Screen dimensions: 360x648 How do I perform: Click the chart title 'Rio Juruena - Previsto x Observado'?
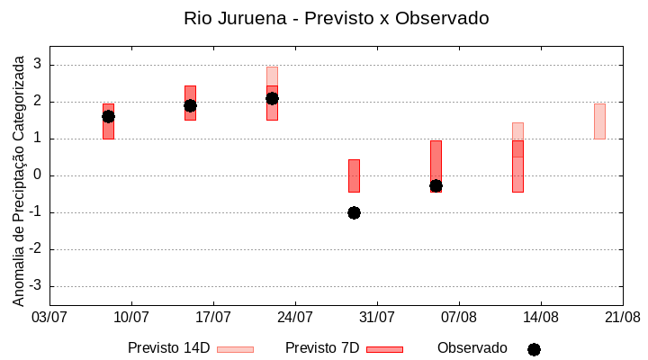tap(336, 18)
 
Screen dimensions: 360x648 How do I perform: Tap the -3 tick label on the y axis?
tap(36, 286)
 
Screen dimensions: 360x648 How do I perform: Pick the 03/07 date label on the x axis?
tap(49, 318)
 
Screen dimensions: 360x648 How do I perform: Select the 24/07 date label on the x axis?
tap(295, 318)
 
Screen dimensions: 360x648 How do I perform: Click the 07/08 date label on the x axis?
tap(459, 318)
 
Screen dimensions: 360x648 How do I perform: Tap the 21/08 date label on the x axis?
tap(622, 318)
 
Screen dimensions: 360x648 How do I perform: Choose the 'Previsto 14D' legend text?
tap(168, 348)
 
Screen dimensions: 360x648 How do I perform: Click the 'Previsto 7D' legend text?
tap(322, 348)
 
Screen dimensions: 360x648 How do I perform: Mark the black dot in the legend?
tap(534, 349)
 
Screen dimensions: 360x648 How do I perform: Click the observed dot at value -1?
tap(354, 212)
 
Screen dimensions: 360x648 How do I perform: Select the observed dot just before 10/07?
tap(108, 116)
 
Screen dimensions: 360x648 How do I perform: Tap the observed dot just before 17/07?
tap(190, 105)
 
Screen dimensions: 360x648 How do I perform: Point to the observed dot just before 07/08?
tap(436, 185)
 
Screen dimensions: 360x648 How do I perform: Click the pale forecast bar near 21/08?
tap(599, 121)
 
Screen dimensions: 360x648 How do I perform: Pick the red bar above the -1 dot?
tap(354, 175)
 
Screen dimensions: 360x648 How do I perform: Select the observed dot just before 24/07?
tap(272, 98)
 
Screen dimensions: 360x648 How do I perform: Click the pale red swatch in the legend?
tap(235, 349)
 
